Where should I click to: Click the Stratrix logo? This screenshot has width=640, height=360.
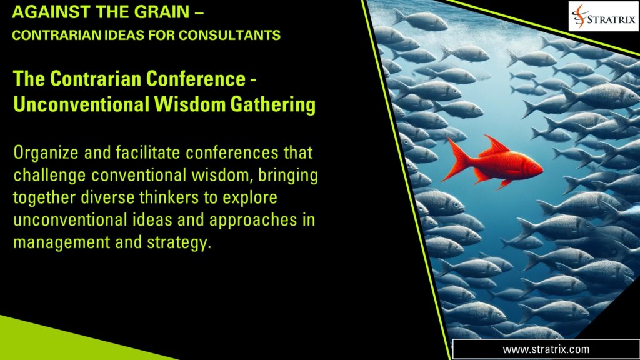(x=603, y=17)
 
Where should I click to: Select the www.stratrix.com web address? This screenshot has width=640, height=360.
(x=546, y=349)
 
